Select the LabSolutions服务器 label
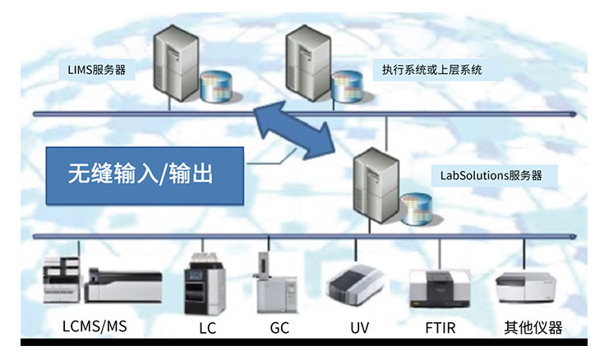pyautogui.click(x=487, y=175)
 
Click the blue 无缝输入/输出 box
pyautogui.click(x=145, y=175)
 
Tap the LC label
pyautogui.click(x=207, y=328)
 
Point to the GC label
pyautogui.click(x=279, y=328)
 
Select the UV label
pyautogui.click(x=359, y=328)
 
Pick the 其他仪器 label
pyautogui.click(x=533, y=328)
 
